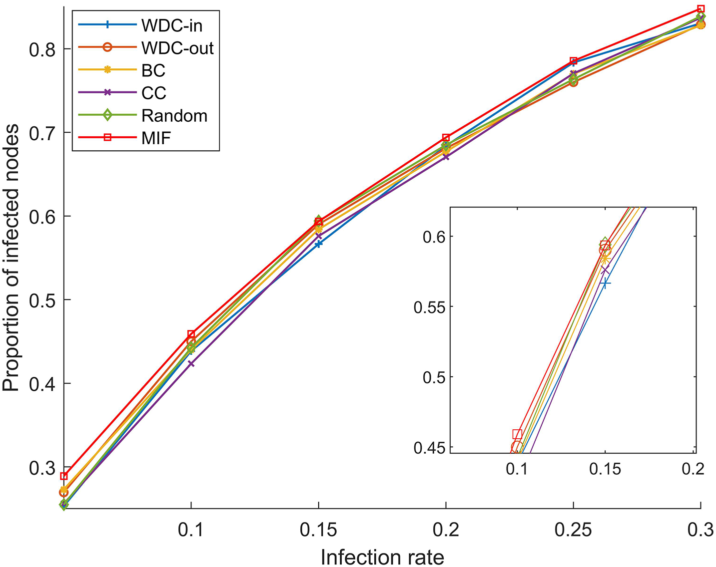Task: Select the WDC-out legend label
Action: pyautogui.click(x=177, y=48)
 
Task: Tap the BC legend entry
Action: pyautogui.click(x=153, y=70)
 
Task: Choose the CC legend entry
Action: pyautogui.click(x=153, y=93)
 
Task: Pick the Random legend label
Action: pyautogui.click(x=174, y=115)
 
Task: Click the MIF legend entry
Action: pyautogui.click(x=156, y=138)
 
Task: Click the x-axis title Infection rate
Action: pyautogui.click(x=382, y=557)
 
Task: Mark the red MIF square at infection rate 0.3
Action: pyautogui.click(x=701, y=9)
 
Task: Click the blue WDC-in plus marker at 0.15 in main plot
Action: pyautogui.click(x=318, y=244)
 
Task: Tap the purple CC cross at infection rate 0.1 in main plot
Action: pyautogui.click(x=191, y=363)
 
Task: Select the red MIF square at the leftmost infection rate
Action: pyautogui.click(x=63, y=476)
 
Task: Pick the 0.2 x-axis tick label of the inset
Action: pyautogui.click(x=693, y=469)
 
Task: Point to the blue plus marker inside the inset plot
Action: pyautogui.click(x=606, y=283)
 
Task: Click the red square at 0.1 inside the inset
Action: pyautogui.click(x=517, y=434)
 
